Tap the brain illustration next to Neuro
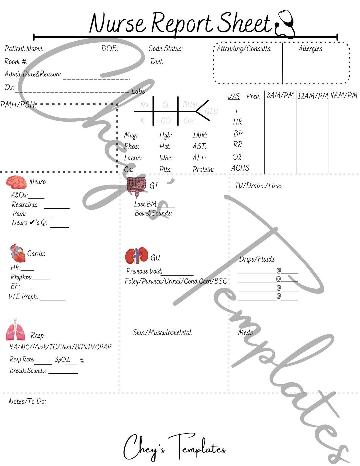click(x=16, y=182)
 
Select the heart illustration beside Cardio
click(x=17, y=253)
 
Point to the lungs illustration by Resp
click(x=15, y=330)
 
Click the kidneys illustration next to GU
click(x=137, y=256)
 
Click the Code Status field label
click(x=165, y=49)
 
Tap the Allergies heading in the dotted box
click(x=310, y=49)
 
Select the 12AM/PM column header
click(x=312, y=96)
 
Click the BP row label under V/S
click(x=238, y=134)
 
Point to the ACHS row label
click(x=240, y=168)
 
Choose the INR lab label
click(x=200, y=135)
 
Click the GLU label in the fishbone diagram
click(x=211, y=111)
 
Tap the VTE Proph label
click(x=23, y=297)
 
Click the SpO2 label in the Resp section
click(x=62, y=360)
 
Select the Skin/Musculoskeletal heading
click(x=162, y=332)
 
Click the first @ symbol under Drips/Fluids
click(x=279, y=270)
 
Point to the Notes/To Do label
click(x=27, y=401)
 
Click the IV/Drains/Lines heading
click(x=258, y=186)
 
